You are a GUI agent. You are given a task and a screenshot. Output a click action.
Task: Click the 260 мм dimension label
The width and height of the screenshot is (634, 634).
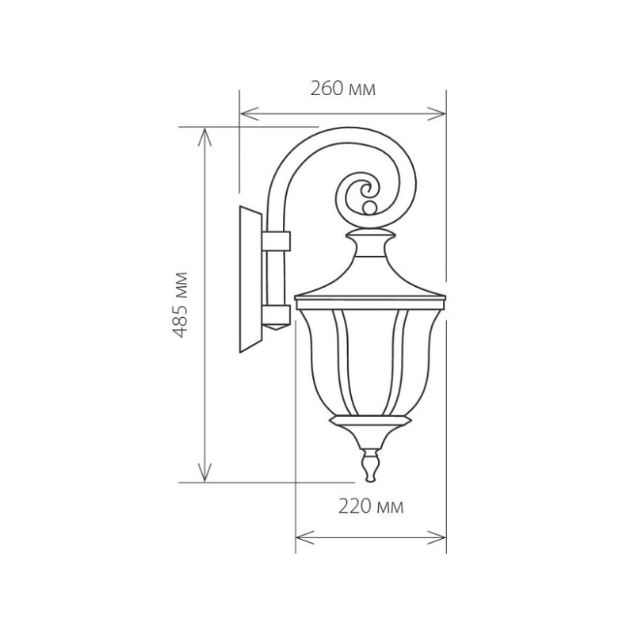point(343,89)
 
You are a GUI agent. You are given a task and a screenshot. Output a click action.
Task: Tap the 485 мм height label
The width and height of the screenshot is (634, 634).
point(180,305)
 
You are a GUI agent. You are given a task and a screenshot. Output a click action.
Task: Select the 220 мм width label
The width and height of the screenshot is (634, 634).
point(371,506)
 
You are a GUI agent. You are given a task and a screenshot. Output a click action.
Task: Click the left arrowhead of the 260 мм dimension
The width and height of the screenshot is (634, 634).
point(249,114)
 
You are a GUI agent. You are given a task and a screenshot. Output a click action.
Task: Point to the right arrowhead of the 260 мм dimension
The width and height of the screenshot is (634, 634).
point(437,114)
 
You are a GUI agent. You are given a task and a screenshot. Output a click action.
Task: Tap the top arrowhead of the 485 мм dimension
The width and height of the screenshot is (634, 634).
point(205,136)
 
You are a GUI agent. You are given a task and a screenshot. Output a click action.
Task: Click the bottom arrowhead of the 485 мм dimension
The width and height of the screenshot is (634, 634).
point(205,473)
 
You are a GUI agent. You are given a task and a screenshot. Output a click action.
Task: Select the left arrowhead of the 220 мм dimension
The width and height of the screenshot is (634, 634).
point(305,538)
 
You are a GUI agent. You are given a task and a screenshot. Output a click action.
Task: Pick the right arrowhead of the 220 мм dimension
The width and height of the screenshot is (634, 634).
point(437,538)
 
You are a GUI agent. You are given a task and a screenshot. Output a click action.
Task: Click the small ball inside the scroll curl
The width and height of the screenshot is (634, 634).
point(369,208)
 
